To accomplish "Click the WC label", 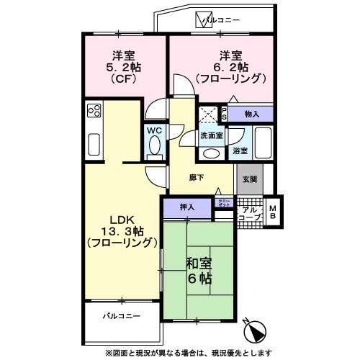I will [x=154, y=130].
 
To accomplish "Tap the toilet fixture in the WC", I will [x=154, y=146].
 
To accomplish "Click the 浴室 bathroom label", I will [x=240, y=151].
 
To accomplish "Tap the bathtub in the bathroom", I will [x=263, y=140].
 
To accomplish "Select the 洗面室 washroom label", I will [x=211, y=135].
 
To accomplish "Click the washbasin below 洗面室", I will [x=211, y=151].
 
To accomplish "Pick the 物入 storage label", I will [x=251, y=114].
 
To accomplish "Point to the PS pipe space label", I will [x=224, y=114].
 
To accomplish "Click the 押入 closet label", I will [x=187, y=206].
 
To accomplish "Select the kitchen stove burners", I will [x=94, y=110].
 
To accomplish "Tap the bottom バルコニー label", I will [x=120, y=315].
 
